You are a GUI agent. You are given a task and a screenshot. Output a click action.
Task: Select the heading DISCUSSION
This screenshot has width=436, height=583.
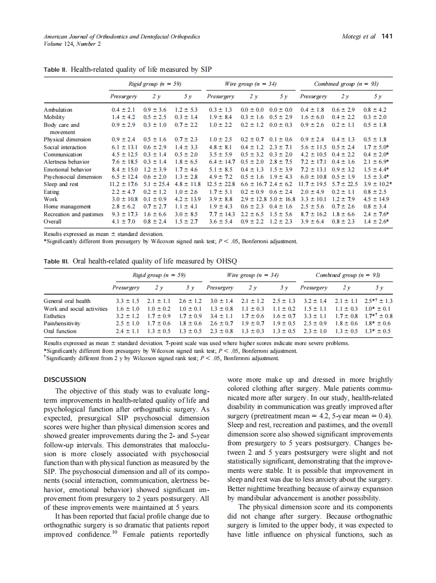[x=65, y=380]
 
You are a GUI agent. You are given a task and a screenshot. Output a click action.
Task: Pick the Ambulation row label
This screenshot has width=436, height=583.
[x=58, y=110]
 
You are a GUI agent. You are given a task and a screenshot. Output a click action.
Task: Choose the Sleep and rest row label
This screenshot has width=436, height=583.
[x=61, y=184]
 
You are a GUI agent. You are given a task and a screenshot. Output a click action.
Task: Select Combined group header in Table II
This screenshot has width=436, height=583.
[x=346, y=84]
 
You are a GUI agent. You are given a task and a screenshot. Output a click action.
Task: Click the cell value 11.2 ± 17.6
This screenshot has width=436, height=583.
[x=123, y=184]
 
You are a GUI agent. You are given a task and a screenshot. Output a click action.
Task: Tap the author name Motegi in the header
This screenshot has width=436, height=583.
[x=353, y=36]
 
